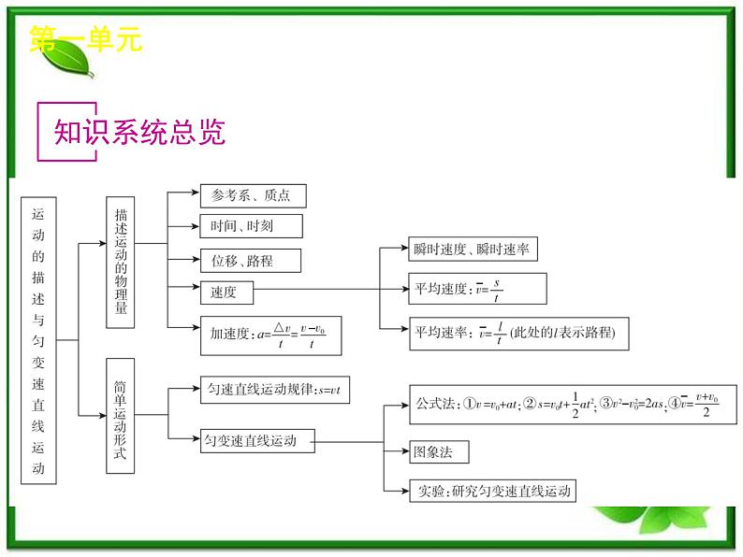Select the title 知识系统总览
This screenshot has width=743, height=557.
tap(139, 133)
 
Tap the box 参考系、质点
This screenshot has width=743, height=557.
tap(252, 195)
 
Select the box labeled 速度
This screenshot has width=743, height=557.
tap(226, 292)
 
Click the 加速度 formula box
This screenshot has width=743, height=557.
tap(270, 336)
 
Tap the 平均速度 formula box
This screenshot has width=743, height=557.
tap(477, 289)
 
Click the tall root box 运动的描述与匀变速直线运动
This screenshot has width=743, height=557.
tap(38, 339)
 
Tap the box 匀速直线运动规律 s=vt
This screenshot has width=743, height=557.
tap(274, 390)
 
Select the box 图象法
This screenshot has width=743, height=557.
tap(438, 451)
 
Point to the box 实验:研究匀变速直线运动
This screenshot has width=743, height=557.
tap(491, 490)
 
